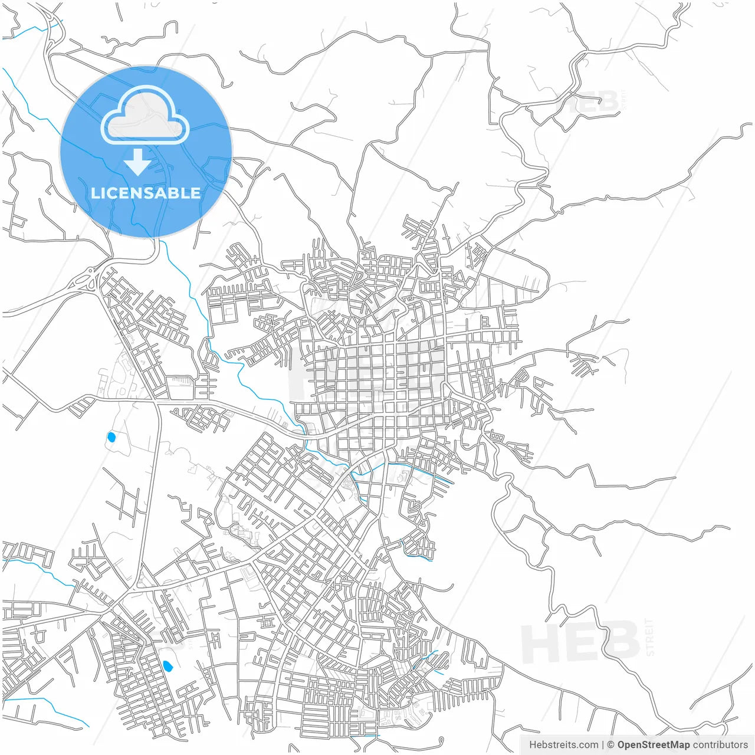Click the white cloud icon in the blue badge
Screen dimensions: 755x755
[x=145, y=117]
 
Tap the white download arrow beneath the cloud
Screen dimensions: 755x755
[x=137, y=163]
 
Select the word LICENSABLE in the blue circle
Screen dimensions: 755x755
[x=146, y=193]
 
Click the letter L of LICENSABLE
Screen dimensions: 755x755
[x=95, y=193]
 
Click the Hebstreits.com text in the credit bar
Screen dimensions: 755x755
[x=563, y=745]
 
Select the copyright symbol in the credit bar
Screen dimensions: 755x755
[x=611, y=745]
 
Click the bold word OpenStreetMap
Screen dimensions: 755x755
[x=654, y=745]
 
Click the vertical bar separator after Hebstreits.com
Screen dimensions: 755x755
[x=603, y=745]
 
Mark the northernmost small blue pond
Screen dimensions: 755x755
[x=111, y=437]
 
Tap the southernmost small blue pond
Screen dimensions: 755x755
[x=168, y=667]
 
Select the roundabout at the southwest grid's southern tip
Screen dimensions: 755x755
[x=167, y=731]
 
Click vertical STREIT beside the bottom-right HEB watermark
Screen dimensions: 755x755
[x=650, y=637]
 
